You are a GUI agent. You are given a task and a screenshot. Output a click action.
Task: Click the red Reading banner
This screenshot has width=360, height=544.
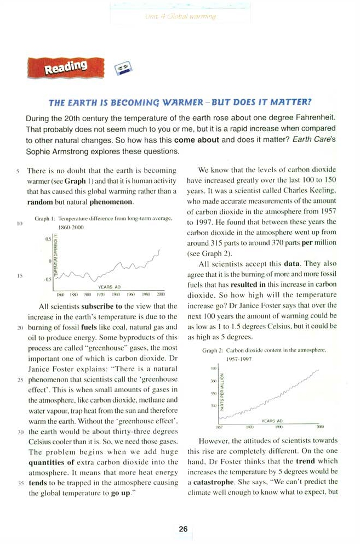(x=65, y=68)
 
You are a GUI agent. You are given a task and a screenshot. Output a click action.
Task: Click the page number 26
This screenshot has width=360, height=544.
(x=183, y=529)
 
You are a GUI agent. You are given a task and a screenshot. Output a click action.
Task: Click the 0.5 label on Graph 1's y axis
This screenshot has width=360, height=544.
(x=48, y=239)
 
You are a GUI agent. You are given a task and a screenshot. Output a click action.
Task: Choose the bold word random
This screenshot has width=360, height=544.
(x=39, y=202)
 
